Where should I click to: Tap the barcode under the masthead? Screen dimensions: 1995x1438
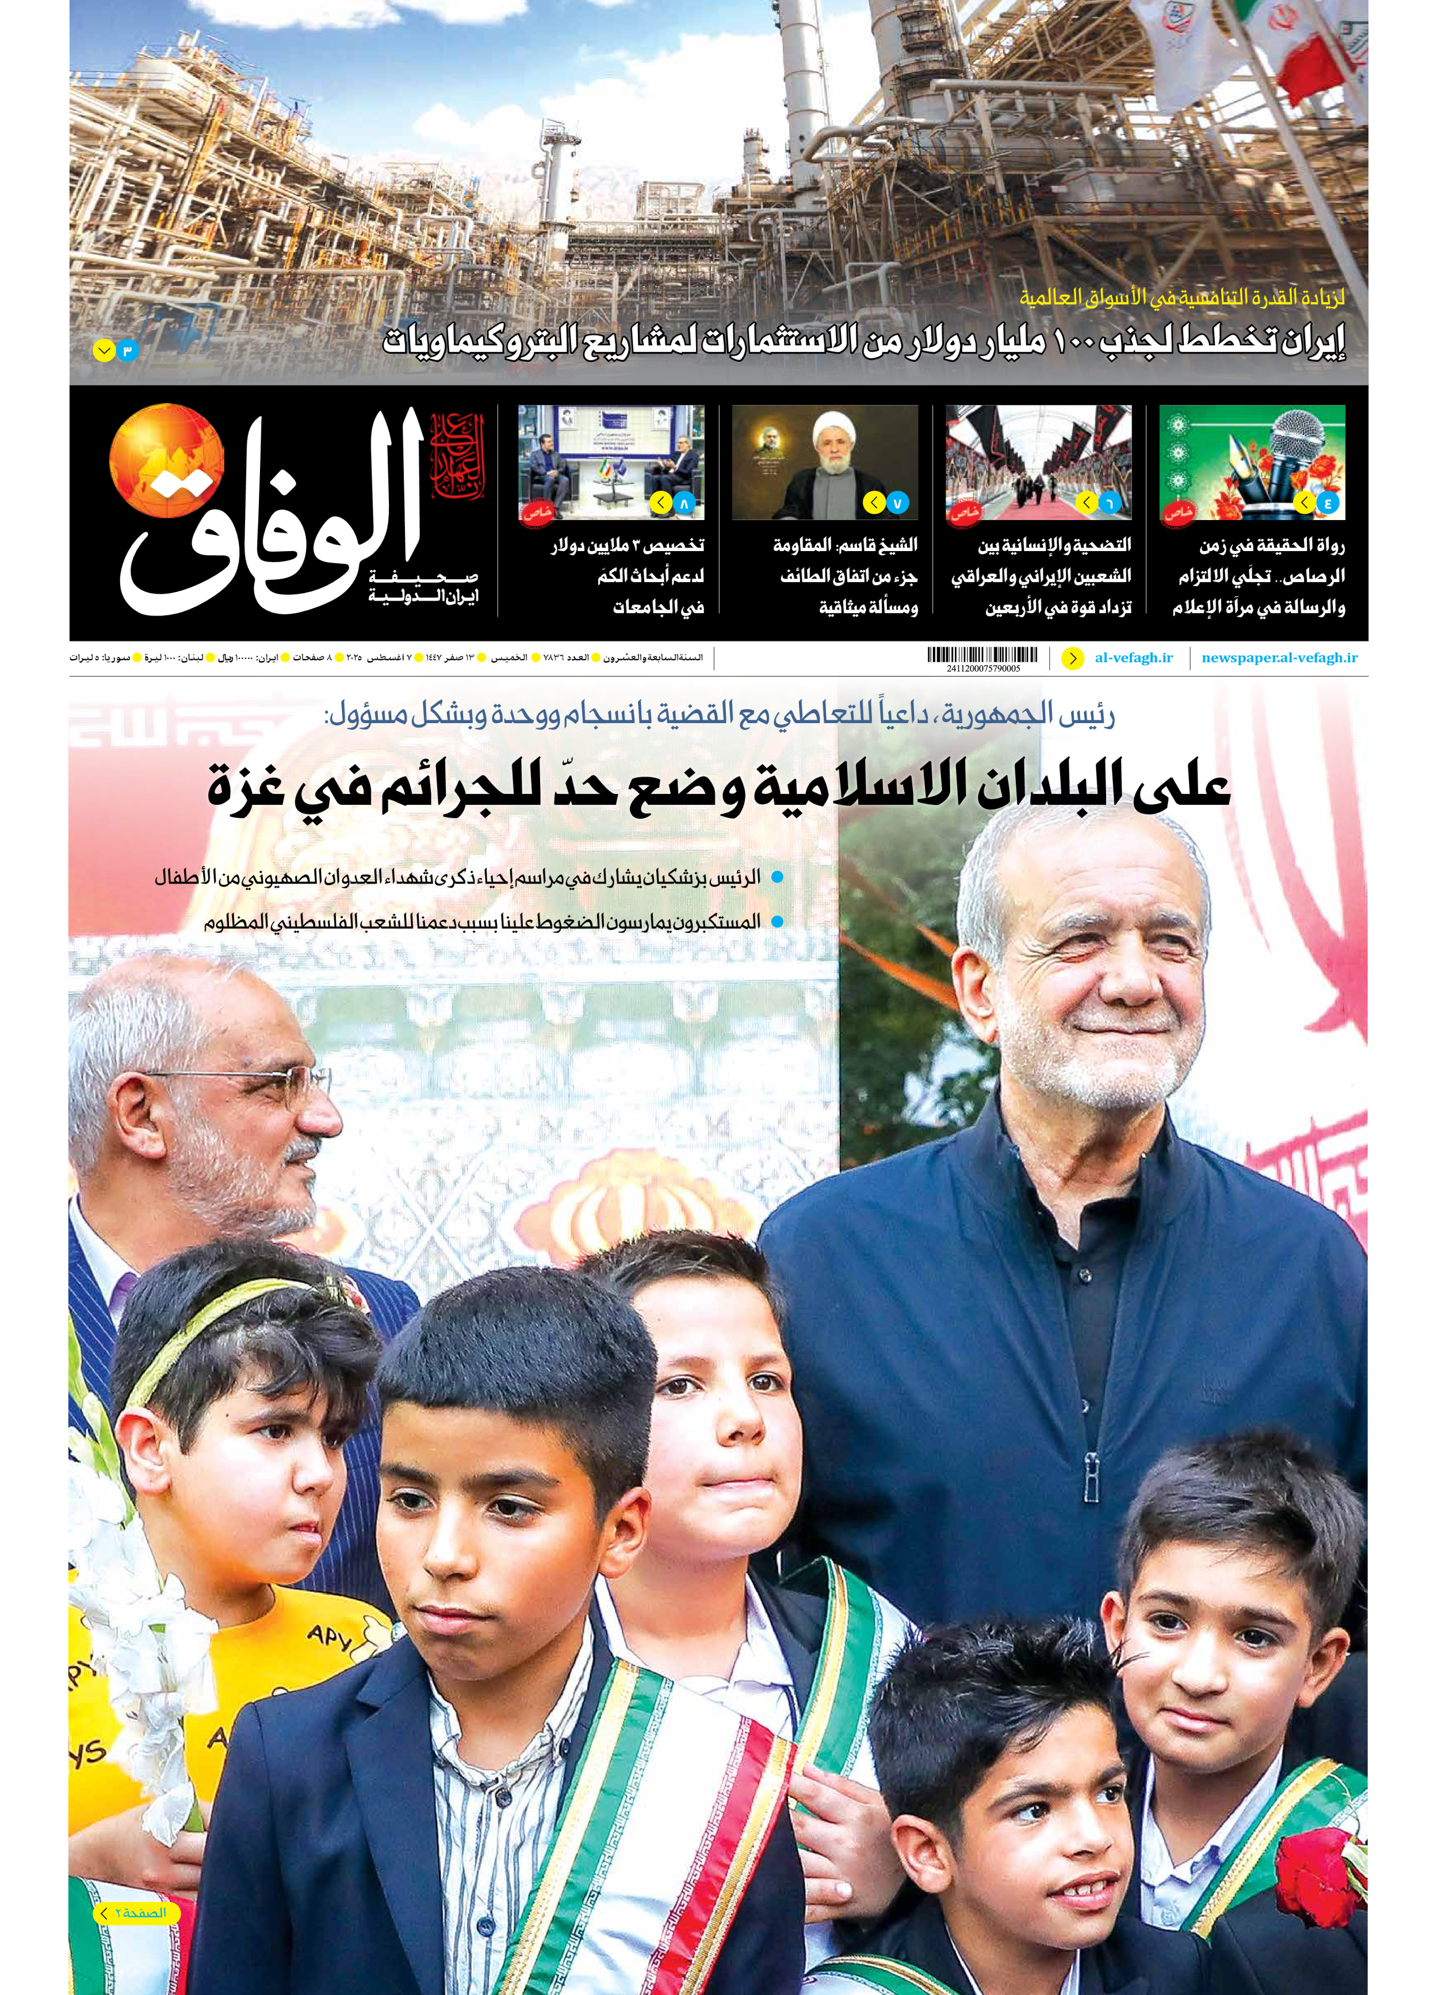982,655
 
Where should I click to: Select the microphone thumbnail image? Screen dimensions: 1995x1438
1252,463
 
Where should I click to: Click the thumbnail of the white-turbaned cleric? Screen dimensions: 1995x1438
824,463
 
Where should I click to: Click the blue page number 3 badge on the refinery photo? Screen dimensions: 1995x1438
127,351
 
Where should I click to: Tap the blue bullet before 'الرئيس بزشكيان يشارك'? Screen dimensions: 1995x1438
777,877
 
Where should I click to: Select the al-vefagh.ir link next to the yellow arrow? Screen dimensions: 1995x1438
1134,658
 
